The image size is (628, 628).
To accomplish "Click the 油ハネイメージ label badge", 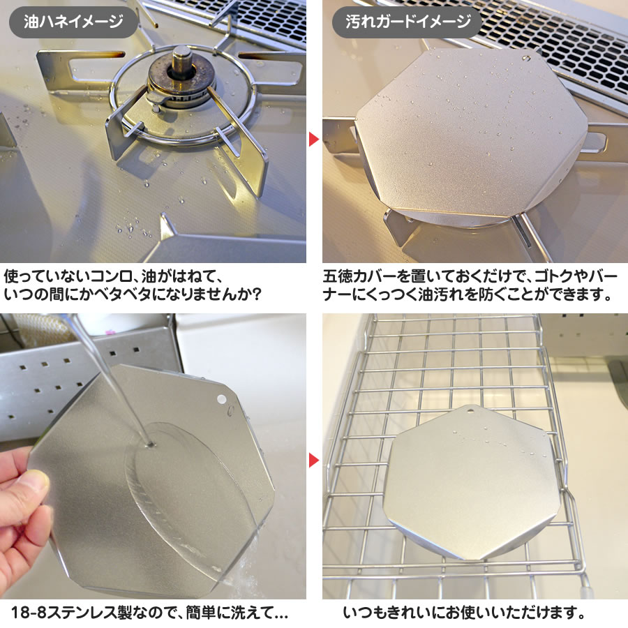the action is (x=73, y=21).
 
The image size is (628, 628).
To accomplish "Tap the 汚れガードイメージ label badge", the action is (x=408, y=21).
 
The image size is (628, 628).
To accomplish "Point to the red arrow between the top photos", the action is (x=314, y=140).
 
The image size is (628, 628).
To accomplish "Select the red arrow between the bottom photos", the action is (x=314, y=461).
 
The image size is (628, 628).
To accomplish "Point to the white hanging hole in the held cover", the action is (x=221, y=399).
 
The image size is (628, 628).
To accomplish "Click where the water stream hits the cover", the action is (x=149, y=444).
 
